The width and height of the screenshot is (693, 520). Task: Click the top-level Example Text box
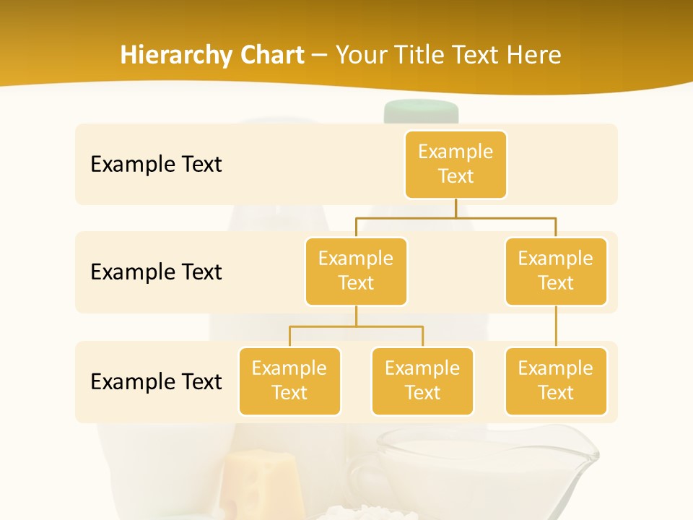[456, 164]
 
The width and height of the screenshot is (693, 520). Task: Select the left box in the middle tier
[356, 271]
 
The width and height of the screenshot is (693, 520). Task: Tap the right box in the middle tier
[556, 271]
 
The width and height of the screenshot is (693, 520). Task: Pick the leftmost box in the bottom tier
[289, 381]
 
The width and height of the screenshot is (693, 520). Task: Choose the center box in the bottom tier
[422, 381]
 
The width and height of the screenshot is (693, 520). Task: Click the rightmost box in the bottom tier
[556, 381]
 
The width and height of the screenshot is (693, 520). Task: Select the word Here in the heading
[534, 55]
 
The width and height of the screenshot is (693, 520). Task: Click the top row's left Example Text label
[156, 164]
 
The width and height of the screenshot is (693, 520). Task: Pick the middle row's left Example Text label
[156, 272]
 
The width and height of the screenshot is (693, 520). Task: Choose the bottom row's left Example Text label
[156, 381]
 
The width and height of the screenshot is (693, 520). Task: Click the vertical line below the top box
[456, 208]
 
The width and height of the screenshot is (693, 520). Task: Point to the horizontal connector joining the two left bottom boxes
[356, 326]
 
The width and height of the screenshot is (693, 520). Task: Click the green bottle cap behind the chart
[422, 110]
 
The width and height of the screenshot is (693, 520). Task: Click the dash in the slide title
[320, 56]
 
